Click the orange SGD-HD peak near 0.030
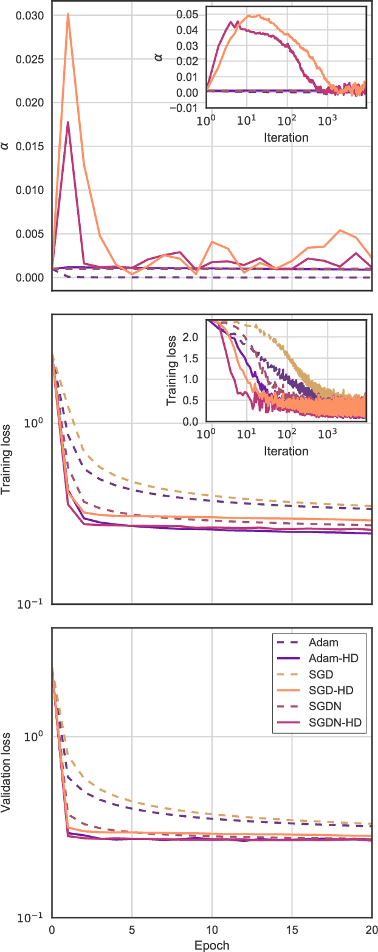(x=67, y=14)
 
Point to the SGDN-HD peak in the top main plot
(x=67, y=122)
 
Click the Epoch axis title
(x=211, y=945)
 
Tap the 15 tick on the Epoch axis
(x=292, y=931)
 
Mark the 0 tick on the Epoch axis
(x=52, y=931)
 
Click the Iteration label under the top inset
(x=286, y=137)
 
